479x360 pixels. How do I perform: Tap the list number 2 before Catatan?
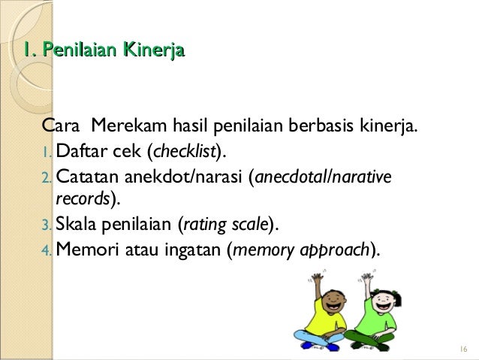click(x=49, y=179)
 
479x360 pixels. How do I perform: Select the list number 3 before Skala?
click(x=49, y=223)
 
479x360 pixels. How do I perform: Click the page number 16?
click(x=460, y=349)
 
